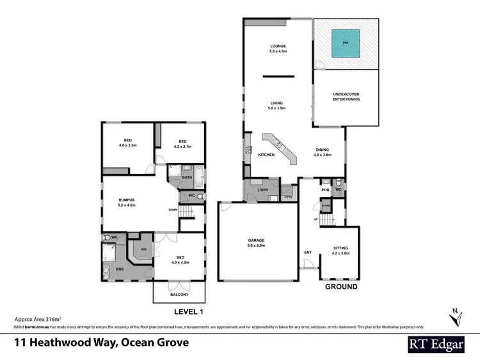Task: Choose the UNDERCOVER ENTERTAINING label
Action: click(346, 97)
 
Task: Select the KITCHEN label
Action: click(266, 155)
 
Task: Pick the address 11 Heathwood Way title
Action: click(102, 343)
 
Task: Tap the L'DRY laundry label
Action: click(262, 191)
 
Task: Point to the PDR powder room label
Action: click(325, 190)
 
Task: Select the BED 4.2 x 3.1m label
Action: click(182, 144)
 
